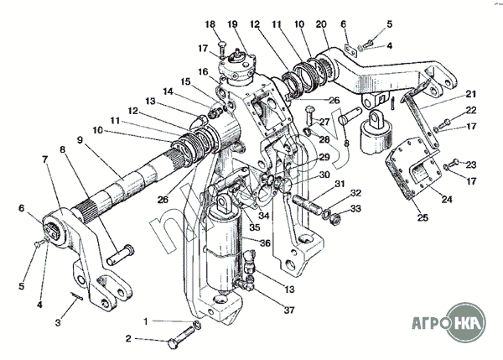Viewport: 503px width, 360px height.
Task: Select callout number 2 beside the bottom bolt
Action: pyautogui.click(x=128, y=339)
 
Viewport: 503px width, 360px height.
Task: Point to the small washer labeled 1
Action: pyautogui.click(x=195, y=325)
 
